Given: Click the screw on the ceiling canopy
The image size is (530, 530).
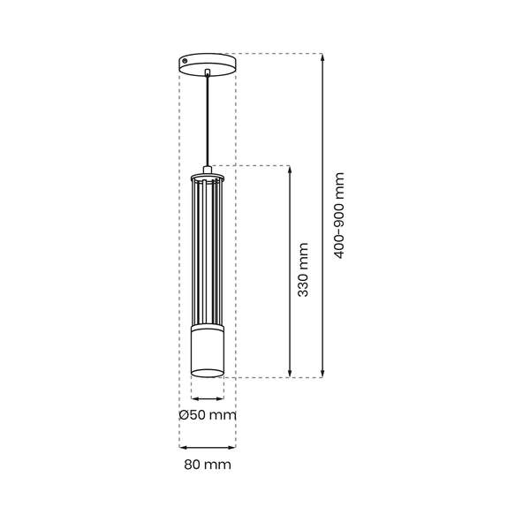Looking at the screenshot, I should click(185, 61).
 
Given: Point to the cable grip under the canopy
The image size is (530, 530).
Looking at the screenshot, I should click(208, 72).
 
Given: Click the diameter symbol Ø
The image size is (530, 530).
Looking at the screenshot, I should click(183, 414).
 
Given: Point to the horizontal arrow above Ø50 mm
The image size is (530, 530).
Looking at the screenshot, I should click(208, 398).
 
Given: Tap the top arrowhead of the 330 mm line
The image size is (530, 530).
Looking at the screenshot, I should click(291, 169).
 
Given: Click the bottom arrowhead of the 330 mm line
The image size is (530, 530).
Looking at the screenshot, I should click(291, 373).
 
